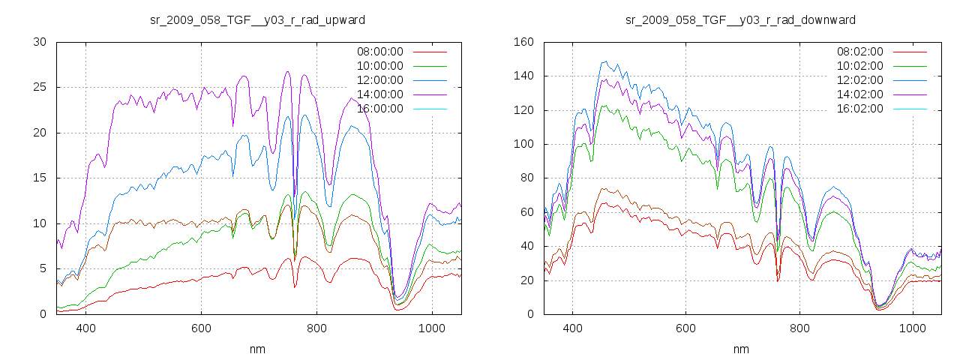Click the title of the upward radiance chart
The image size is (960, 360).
click(258, 19)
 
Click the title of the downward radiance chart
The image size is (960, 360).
click(741, 19)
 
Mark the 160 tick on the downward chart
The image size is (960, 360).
click(522, 42)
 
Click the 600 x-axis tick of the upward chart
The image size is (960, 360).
click(201, 328)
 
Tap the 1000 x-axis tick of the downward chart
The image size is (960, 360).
click(913, 328)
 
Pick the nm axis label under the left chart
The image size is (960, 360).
click(258, 349)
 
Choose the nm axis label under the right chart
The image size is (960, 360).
click(741, 349)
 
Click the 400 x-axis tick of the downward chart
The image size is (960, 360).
click(572, 328)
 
